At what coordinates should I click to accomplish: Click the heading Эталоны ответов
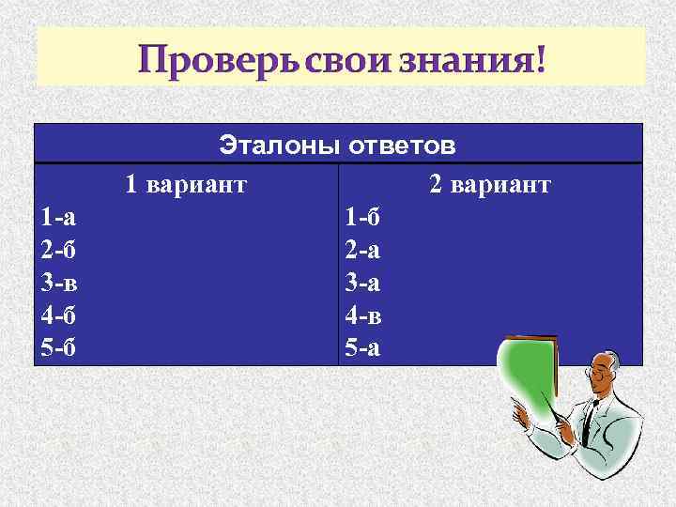click(338, 145)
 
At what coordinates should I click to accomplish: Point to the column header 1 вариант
click(186, 185)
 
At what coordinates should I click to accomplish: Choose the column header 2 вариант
click(490, 185)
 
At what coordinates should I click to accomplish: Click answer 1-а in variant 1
click(58, 218)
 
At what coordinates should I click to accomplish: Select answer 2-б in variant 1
click(58, 250)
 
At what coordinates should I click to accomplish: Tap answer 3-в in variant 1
click(58, 283)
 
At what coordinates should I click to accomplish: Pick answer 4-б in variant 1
click(58, 315)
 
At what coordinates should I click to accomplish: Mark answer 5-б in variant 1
click(58, 348)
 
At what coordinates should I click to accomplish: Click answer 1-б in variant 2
click(363, 218)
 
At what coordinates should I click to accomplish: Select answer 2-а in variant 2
click(362, 250)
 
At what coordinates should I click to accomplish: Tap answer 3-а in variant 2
click(362, 283)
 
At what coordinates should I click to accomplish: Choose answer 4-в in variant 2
click(363, 315)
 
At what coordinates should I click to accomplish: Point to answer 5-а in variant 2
click(362, 348)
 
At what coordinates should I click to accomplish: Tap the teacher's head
click(607, 375)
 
